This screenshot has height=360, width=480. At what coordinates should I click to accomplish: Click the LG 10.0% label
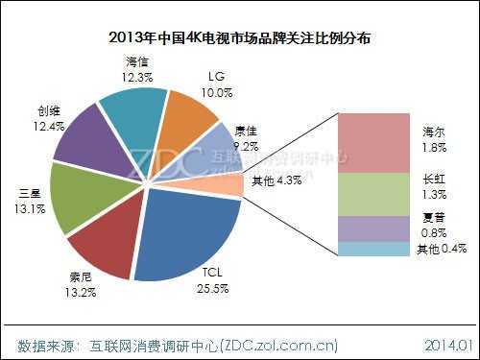click(218, 84)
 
